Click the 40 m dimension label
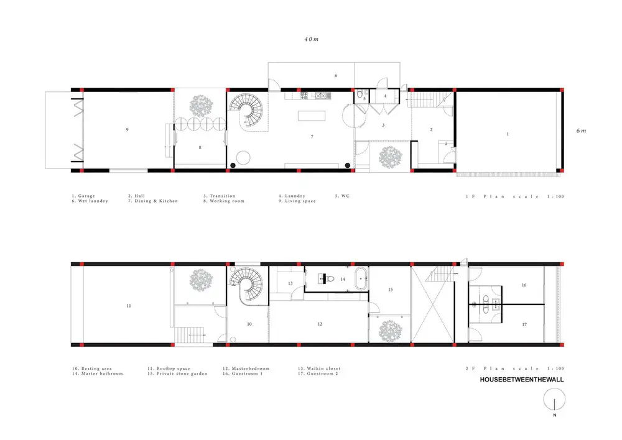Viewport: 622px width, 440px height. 312,39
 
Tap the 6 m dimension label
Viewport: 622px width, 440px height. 581,131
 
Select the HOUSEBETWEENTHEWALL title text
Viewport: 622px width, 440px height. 522,379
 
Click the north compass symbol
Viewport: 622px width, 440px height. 554,400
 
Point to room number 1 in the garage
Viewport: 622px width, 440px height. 508,134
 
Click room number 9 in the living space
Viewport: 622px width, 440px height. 128,130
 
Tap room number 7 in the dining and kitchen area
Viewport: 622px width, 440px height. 312,136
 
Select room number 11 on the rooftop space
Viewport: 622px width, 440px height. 129,306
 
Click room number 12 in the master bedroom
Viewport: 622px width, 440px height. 320,324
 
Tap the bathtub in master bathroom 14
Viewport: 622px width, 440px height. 361,279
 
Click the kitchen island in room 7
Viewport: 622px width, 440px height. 312,116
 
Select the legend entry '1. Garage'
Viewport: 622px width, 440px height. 83,196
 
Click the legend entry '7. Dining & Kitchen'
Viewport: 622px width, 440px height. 153,201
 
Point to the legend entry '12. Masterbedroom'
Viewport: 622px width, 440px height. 246,369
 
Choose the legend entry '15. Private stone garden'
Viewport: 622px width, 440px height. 177,374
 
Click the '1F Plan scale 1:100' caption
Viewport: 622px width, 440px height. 514,196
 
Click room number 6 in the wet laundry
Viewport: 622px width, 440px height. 336,76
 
